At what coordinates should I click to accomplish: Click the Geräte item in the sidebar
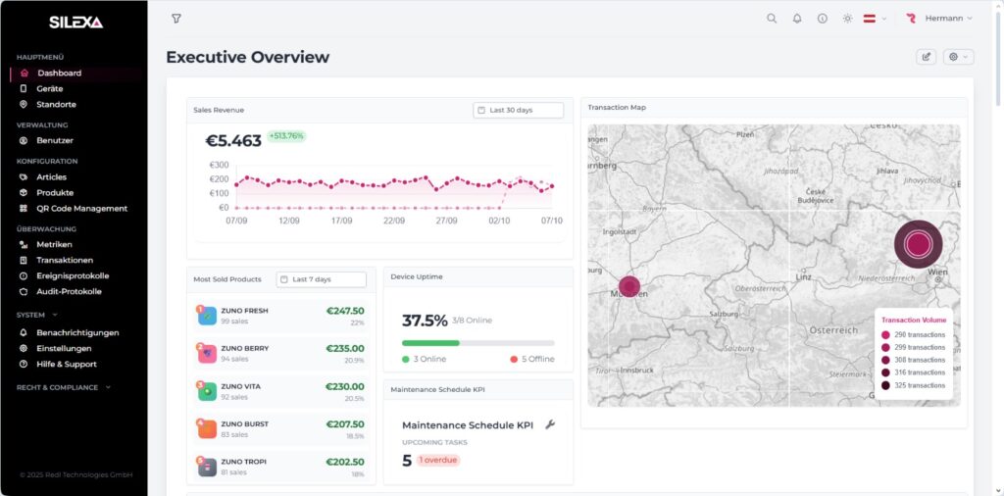click(x=49, y=88)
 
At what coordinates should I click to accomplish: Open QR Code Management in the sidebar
click(x=81, y=209)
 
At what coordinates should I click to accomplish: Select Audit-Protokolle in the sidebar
click(x=69, y=291)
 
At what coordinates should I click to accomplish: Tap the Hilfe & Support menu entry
click(x=66, y=364)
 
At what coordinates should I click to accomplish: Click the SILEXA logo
click(x=75, y=22)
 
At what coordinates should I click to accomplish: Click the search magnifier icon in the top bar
click(x=772, y=19)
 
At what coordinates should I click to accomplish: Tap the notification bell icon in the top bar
click(x=797, y=19)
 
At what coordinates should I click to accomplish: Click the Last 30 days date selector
click(x=518, y=110)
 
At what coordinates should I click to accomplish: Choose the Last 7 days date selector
click(x=321, y=279)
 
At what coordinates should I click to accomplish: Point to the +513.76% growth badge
click(x=286, y=136)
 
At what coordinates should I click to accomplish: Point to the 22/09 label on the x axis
click(x=393, y=221)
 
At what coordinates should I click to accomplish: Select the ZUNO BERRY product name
click(x=244, y=348)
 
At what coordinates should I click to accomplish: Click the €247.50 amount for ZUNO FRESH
click(x=344, y=311)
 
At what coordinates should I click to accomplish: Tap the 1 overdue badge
click(x=437, y=460)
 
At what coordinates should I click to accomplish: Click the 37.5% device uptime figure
click(x=425, y=321)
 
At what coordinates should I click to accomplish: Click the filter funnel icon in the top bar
click(x=176, y=19)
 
